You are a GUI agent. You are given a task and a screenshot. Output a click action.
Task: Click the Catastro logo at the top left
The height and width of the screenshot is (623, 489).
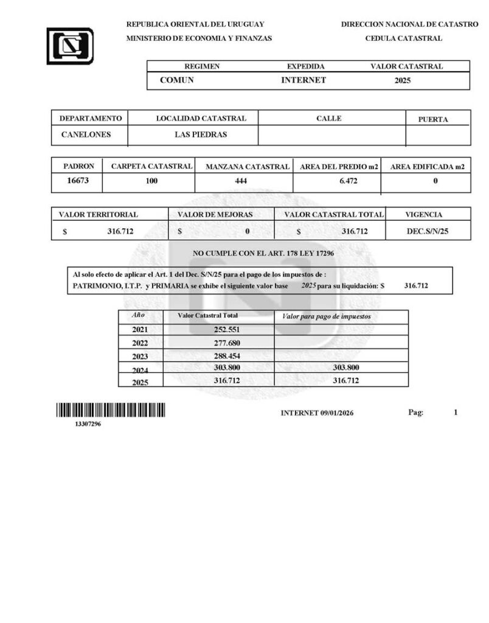(70, 46)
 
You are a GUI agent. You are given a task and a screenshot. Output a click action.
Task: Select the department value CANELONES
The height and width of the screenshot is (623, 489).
(86, 134)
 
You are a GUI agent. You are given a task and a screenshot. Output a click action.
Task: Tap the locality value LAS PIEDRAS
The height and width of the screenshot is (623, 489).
(201, 134)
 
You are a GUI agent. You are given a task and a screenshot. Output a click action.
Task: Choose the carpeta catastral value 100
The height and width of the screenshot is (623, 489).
(152, 181)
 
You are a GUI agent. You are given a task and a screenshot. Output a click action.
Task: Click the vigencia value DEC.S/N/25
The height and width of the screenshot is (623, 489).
(427, 231)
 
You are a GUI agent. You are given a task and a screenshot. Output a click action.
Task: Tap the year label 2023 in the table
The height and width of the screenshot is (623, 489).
(140, 357)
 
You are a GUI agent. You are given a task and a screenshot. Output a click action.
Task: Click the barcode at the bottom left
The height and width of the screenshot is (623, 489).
(111, 411)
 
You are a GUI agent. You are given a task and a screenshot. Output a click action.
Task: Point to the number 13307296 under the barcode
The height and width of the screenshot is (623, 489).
(88, 425)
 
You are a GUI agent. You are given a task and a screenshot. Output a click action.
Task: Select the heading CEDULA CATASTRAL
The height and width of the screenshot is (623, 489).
(403, 38)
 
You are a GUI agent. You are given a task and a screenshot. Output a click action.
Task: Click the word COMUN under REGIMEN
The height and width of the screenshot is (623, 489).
(177, 80)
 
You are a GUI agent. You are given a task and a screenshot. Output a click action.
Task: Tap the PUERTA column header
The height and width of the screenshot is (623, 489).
(433, 119)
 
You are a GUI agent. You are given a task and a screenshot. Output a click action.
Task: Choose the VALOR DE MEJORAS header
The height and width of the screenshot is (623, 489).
(215, 215)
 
